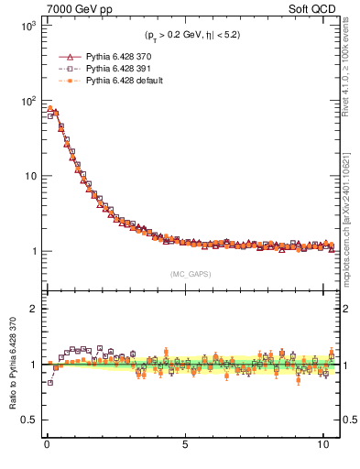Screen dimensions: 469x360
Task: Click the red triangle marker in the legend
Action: point(70,56)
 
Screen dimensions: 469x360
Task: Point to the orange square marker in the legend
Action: point(70,81)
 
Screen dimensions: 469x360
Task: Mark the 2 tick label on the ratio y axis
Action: point(30,309)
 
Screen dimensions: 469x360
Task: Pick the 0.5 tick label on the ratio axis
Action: point(27,420)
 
